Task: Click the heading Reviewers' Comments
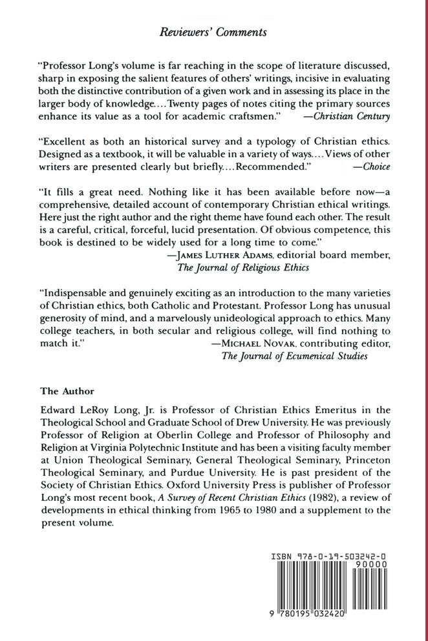tap(213, 30)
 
